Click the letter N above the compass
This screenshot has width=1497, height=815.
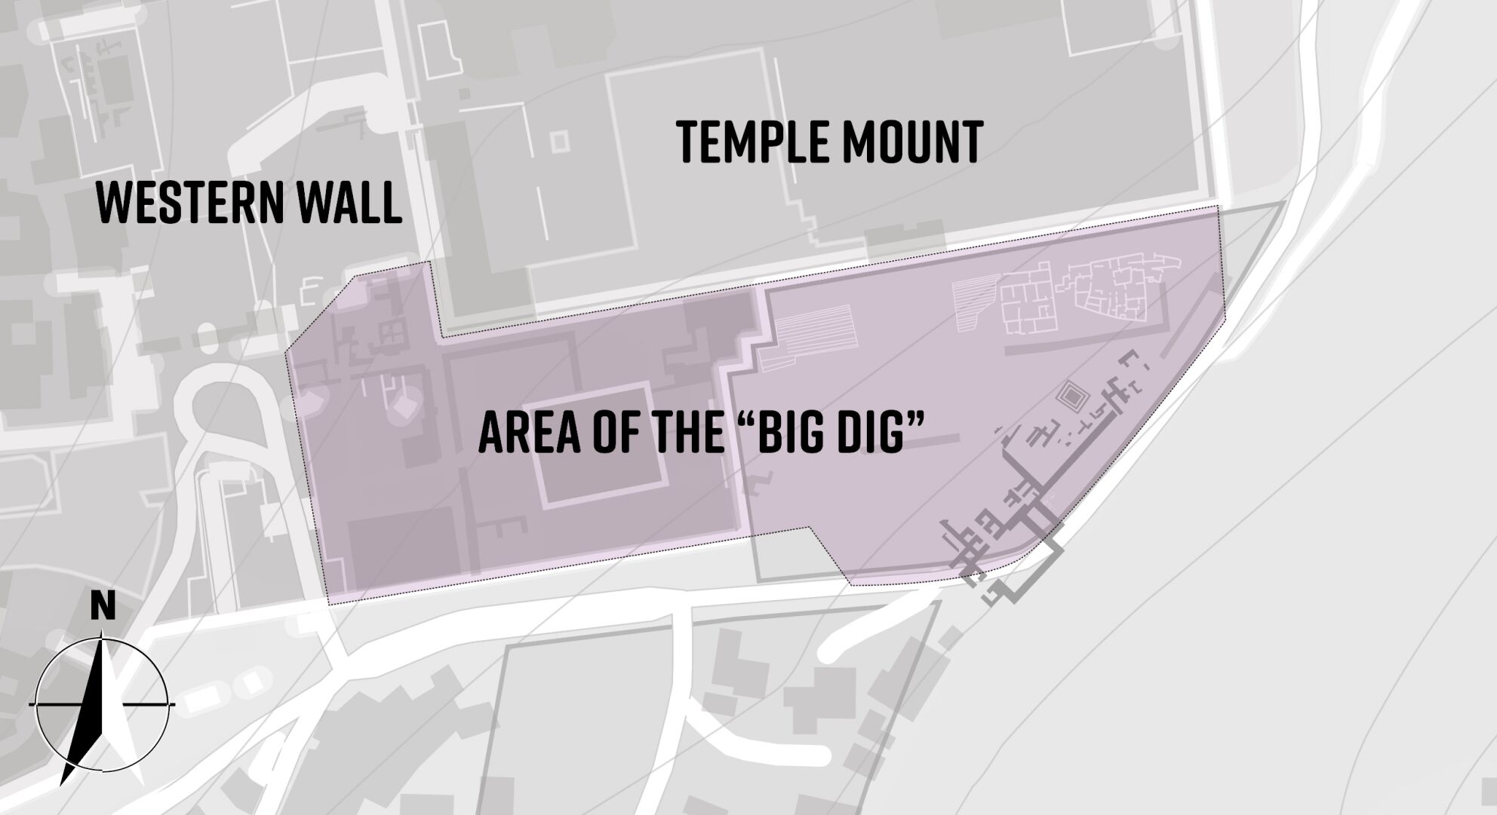pyautogui.click(x=103, y=606)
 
